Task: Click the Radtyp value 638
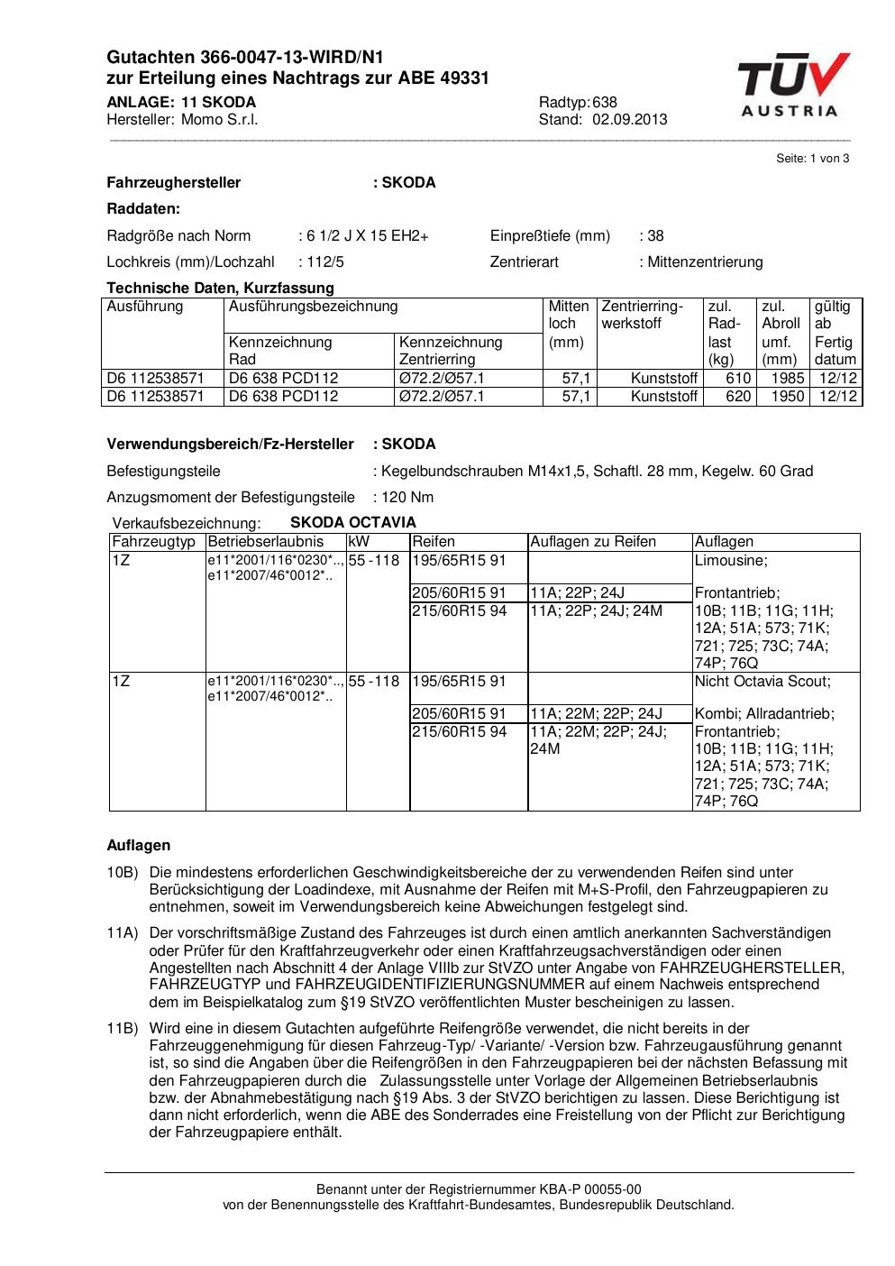coord(605,102)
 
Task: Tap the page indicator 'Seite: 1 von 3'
coord(812,158)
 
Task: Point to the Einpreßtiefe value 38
coord(655,236)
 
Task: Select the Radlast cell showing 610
coord(738,379)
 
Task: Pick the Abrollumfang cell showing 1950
coord(787,397)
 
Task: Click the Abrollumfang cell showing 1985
coord(787,379)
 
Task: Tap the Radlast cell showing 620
coord(738,397)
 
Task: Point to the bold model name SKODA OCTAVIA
coord(353,523)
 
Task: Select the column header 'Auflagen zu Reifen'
coord(593,542)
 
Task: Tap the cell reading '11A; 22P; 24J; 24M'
coord(597,611)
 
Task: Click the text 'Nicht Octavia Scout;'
coord(763,682)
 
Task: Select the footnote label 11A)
coord(122,933)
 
